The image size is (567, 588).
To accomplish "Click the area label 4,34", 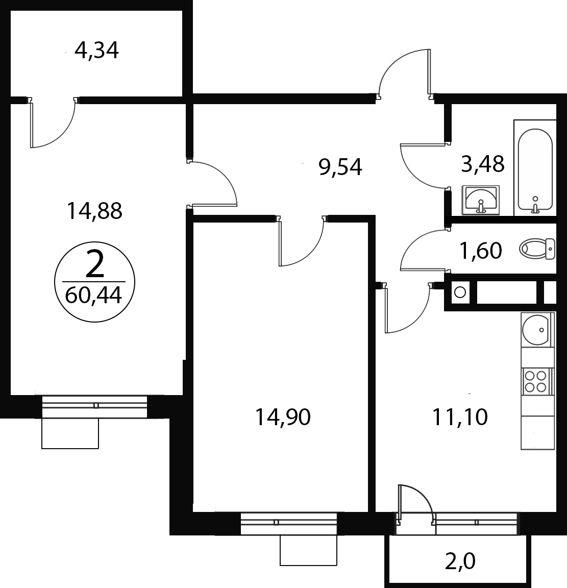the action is tap(97, 51).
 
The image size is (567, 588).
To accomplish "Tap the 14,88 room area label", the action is tap(94, 211).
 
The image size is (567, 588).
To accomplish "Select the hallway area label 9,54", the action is tap(340, 167).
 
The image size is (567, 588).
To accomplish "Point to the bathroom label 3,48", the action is tap(483, 164).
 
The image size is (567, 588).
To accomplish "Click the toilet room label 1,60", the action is tap(481, 251).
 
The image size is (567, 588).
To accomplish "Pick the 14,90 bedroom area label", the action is tap(283, 417).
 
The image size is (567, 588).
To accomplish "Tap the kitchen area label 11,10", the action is tap(460, 417).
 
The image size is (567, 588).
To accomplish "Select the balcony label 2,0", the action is tap(460, 561).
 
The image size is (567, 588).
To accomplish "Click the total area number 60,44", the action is tap(93, 296).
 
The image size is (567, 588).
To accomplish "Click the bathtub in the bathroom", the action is tap(535, 169).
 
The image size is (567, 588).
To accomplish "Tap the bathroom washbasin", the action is tap(481, 200).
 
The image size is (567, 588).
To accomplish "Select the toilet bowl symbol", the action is tap(537, 249).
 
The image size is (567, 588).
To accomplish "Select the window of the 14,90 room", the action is tap(289, 524).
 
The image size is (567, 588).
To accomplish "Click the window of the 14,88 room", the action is tap(94, 406).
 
